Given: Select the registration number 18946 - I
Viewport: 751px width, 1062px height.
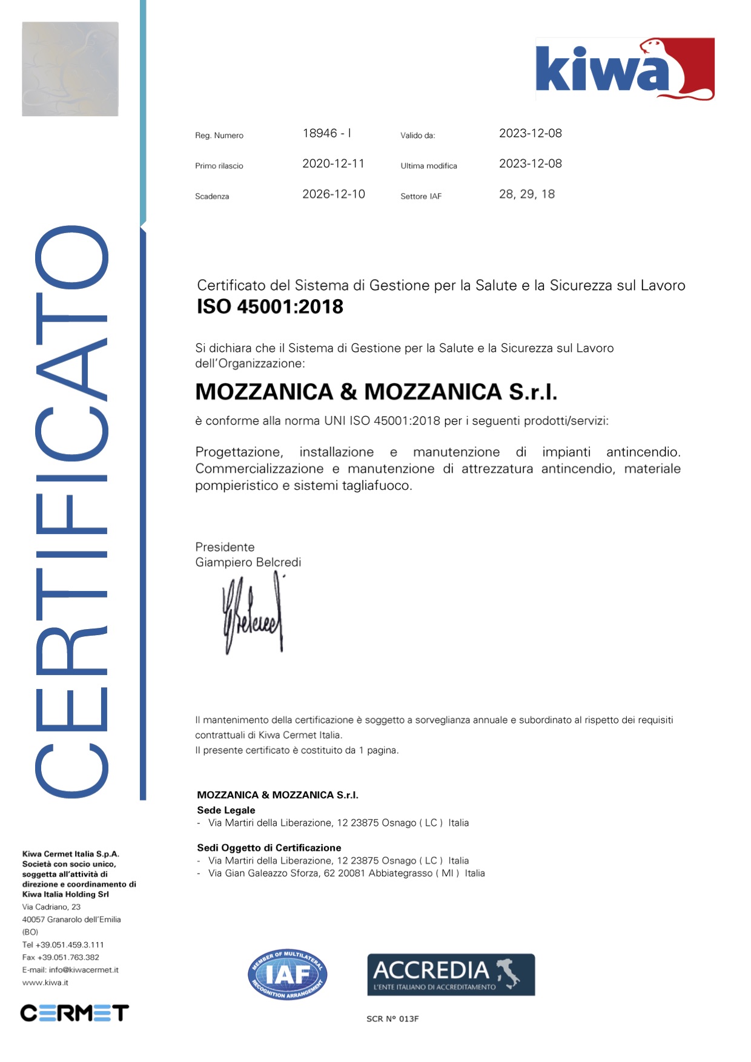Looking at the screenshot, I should (326, 133).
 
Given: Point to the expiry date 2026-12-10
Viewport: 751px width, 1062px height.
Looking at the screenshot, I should (334, 194).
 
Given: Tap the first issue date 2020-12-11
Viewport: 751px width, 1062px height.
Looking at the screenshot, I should (333, 163).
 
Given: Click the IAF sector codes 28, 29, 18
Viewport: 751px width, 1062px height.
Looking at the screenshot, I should (526, 194).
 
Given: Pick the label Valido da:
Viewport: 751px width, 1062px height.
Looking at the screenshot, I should (417, 136).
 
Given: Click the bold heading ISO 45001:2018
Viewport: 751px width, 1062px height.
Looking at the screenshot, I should (270, 307).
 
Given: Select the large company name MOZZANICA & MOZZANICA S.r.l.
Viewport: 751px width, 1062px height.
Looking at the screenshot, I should (375, 392).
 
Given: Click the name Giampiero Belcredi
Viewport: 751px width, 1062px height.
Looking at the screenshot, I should (248, 562).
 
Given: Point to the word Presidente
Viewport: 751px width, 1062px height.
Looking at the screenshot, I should (225, 547).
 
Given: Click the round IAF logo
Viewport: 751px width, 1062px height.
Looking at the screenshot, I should (287, 974).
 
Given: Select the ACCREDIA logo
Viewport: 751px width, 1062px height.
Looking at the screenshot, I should (451, 974).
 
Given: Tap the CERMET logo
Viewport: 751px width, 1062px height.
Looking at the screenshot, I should (74, 1012).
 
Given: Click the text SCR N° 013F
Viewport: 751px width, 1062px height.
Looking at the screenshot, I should (392, 1019).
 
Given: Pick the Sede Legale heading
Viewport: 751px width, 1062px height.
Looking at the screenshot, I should (226, 810).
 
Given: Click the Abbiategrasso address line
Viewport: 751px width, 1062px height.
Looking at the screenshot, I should (346, 873).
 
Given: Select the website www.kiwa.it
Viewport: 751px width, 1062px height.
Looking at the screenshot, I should (45, 983).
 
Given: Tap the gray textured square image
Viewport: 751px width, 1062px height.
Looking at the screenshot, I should (70, 69).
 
